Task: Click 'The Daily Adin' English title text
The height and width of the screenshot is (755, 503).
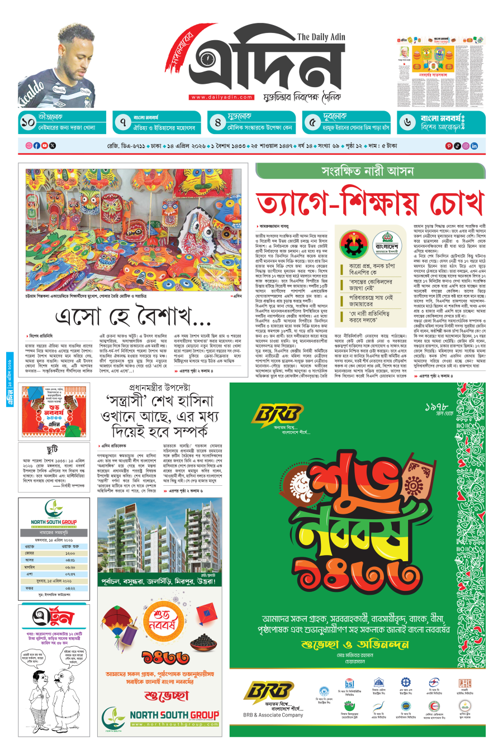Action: pyautogui.click(x=321, y=37)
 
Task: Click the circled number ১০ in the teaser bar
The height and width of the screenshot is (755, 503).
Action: pyautogui.click(x=28, y=122)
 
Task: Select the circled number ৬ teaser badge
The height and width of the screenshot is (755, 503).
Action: pyautogui.click(x=408, y=122)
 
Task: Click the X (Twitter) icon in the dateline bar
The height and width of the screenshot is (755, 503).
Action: pyautogui.click(x=53, y=146)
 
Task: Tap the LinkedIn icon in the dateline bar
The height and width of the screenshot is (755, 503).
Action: pyautogui.click(x=474, y=146)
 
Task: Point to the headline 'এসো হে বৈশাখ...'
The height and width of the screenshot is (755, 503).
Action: pyautogui.click(x=132, y=317)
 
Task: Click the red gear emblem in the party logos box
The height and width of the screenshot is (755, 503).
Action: pyautogui.click(x=355, y=245)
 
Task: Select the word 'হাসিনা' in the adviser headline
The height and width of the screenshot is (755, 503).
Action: pyautogui.click(x=194, y=400)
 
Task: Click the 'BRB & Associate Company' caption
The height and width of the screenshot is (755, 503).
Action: pyautogui.click(x=273, y=715)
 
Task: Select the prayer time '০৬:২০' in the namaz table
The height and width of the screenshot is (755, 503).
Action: pyautogui.click(x=70, y=567)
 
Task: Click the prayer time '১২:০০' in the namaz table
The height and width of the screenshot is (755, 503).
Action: pyautogui.click(x=70, y=553)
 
